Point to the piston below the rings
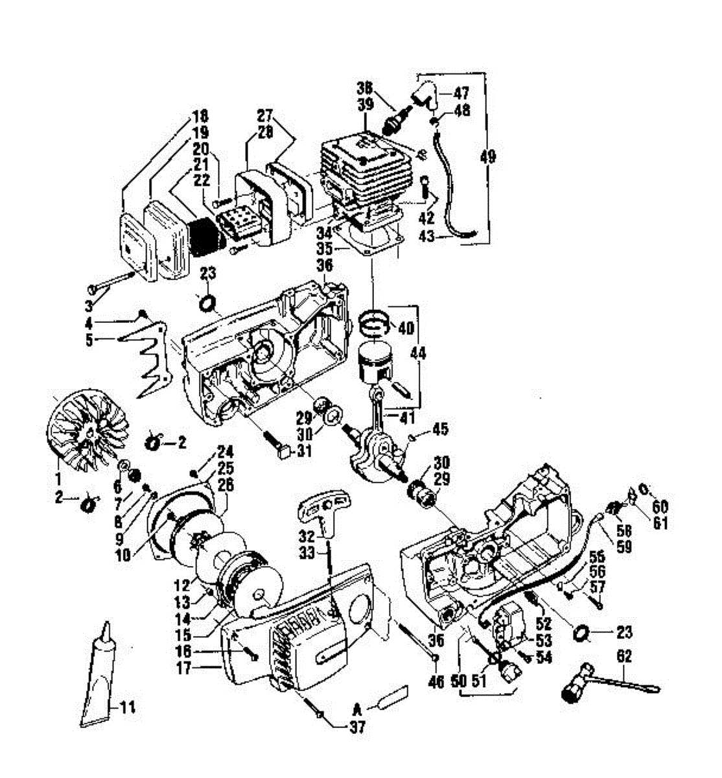pos(378,364)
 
